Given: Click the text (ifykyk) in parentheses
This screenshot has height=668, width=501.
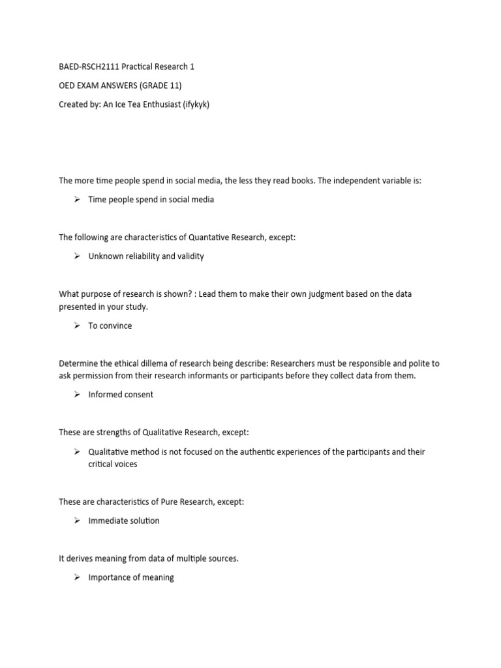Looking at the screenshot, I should pyautogui.click(x=197, y=104).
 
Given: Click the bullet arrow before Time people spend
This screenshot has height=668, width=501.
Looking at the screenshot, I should pyautogui.click(x=76, y=200).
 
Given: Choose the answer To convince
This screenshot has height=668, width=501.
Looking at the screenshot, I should pyautogui.click(x=110, y=326).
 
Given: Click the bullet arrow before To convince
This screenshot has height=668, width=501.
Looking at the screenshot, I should pyautogui.click(x=76, y=326).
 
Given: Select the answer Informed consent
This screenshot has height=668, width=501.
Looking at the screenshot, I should pyautogui.click(x=121, y=395).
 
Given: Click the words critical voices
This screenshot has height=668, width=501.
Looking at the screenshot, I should pyautogui.click(x=113, y=464).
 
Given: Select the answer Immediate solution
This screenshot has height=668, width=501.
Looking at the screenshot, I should pyautogui.click(x=124, y=521).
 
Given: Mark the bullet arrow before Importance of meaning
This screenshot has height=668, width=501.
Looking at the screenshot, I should pyautogui.click(x=76, y=577).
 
